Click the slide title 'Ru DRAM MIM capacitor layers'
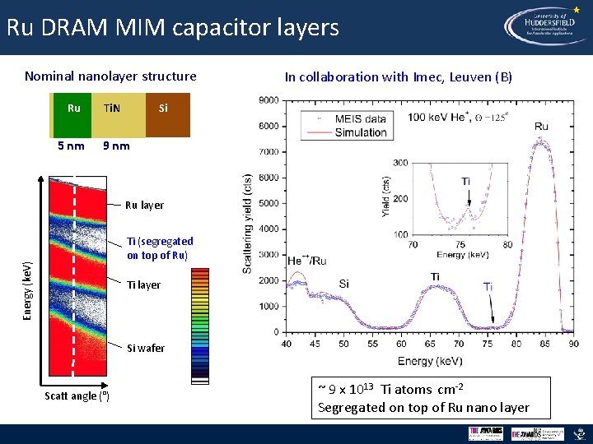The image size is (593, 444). click(x=172, y=28)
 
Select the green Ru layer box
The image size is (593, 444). click(x=72, y=114)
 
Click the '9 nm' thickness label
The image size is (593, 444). click(x=114, y=146)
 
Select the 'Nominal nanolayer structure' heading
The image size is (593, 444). click(x=110, y=76)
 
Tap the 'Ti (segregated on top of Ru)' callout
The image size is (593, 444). click(x=160, y=247)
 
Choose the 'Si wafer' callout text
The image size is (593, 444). click(x=145, y=348)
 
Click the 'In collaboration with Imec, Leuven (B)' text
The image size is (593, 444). click(x=398, y=77)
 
